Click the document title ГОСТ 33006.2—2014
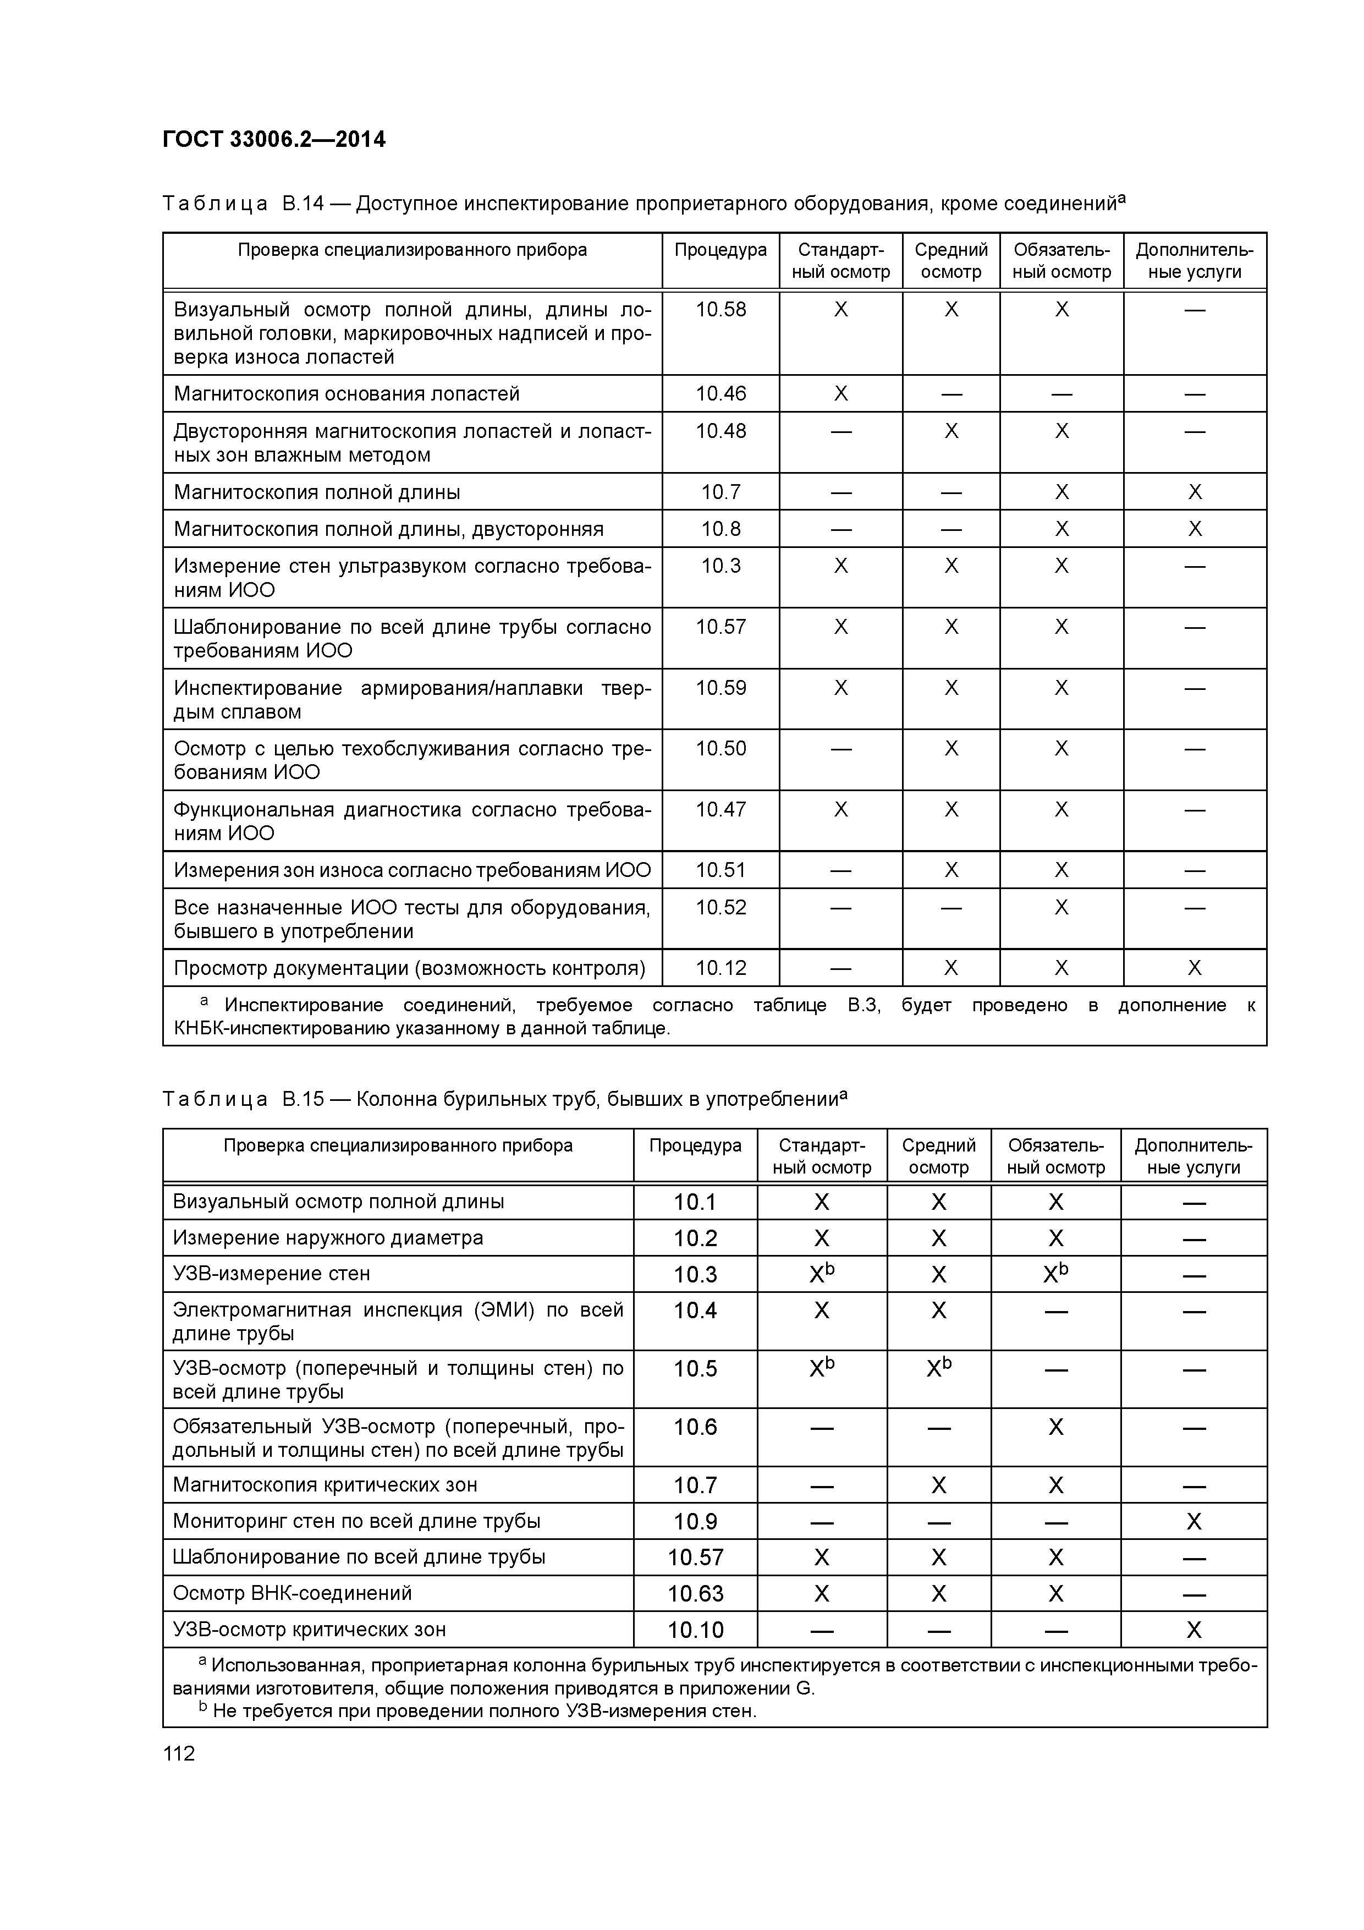[274, 140]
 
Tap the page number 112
[179, 1753]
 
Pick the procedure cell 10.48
[721, 431]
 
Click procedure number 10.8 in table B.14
[721, 529]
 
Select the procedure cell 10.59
[721, 688]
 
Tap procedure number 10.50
[721, 748]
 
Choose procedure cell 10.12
[721, 968]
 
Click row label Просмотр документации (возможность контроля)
[409, 968]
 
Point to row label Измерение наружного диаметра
[328, 1237]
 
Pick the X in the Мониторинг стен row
[1193, 1521]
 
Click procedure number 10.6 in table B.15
[695, 1427]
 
